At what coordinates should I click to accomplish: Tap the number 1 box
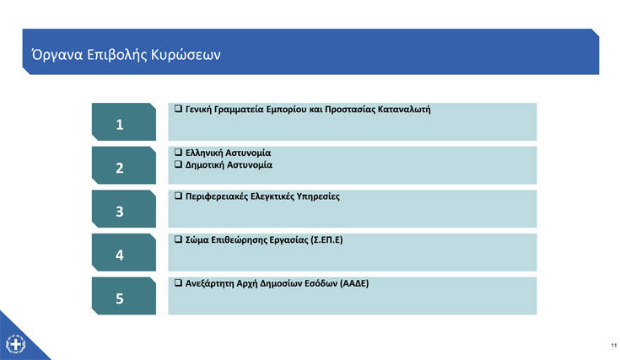point(124,121)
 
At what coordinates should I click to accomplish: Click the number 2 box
point(124,165)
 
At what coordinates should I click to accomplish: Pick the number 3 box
point(124,208)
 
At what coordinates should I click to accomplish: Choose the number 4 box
point(124,252)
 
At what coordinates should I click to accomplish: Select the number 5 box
point(124,296)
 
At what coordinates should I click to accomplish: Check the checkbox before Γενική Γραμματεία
point(178,108)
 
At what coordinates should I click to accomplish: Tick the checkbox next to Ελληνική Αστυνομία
point(178,152)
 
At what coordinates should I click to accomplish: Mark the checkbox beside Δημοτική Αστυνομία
point(178,164)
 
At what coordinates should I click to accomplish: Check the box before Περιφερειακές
point(178,196)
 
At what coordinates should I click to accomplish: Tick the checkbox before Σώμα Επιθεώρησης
point(178,239)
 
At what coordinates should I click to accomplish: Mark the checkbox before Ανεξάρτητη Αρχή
point(178,282)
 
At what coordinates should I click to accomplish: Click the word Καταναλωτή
point(404,109)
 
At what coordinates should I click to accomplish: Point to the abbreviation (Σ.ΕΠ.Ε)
point(326,240)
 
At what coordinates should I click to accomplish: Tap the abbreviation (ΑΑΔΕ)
point(354,283)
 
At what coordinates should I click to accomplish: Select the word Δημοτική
point(204,164)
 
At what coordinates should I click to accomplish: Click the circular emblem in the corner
point(16,343)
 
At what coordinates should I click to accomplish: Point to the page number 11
point(614,346)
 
